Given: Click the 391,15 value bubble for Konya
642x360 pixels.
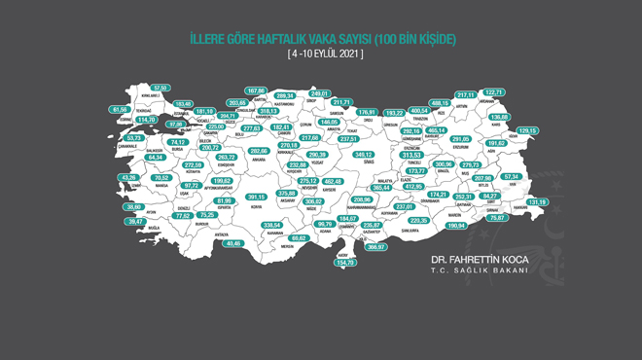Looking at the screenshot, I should [x=256, y=197].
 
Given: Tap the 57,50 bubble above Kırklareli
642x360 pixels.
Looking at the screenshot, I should [x=160, y=89].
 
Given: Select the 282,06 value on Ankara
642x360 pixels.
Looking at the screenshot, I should [x=259, y=151].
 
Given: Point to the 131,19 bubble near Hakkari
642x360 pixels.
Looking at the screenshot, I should [x=538, y=201].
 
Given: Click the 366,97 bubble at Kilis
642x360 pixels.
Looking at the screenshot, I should [x=375, y=247].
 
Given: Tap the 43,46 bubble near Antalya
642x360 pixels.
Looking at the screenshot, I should [x=232, y=243].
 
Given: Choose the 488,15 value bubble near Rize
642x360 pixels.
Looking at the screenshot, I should [x=440, y=102].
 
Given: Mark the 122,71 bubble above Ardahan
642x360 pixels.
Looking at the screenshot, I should [x=521, y=92].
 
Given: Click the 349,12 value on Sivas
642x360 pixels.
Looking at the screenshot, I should [x=364, y=155].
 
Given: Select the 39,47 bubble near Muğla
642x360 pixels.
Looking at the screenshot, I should [x=134, y=222].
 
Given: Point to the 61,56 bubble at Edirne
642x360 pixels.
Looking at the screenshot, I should [x=121, y=110].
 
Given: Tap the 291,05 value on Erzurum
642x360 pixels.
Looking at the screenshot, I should [x=461, y=139].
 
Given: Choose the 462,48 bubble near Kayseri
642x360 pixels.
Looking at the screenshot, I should [x=334, y=181].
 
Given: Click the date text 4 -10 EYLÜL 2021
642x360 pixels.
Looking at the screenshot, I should [x=325, y=54].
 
